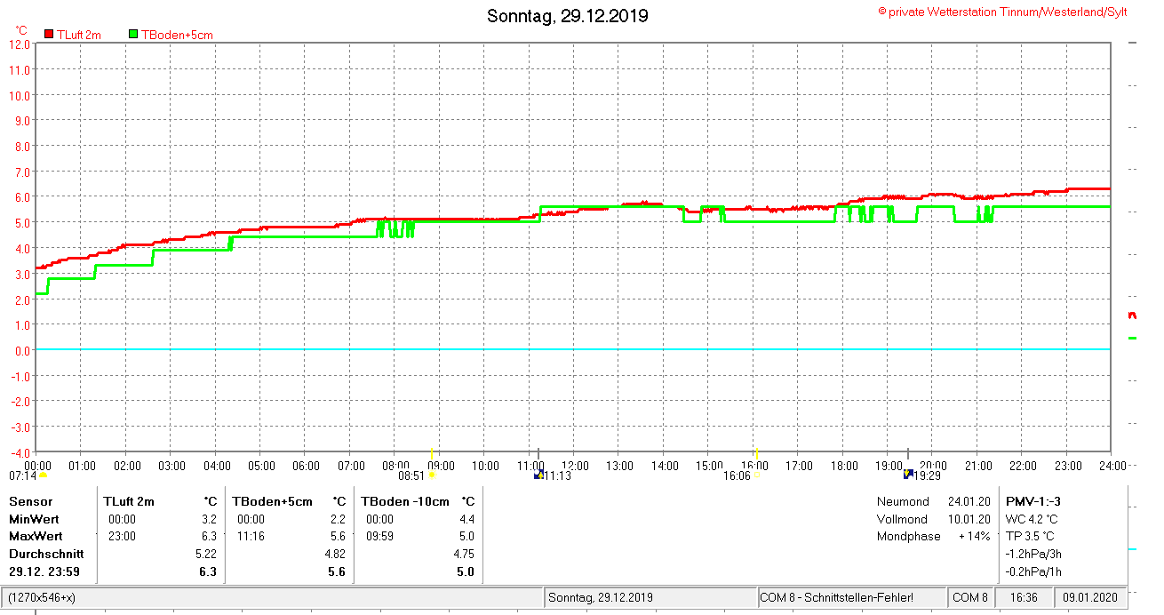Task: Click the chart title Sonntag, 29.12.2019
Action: (x=568, y=16)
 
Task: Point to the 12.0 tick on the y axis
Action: (x=20, y=44)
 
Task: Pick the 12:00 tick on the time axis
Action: (x=575, y=465)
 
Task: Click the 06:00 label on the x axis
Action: (x=306, y=465)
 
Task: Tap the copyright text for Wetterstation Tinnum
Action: (x=1002, y=12)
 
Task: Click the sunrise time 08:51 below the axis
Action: (x=411, y=475)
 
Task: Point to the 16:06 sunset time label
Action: (x=737, y=475)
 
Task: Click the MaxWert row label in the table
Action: (x=36, y=537)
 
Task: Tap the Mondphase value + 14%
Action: (x=974, y=536)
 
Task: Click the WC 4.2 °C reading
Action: (x=1032, y=519)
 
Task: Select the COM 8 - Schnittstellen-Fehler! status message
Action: (x=836, y=597)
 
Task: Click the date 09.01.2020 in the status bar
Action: (x=1090, y=597)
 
